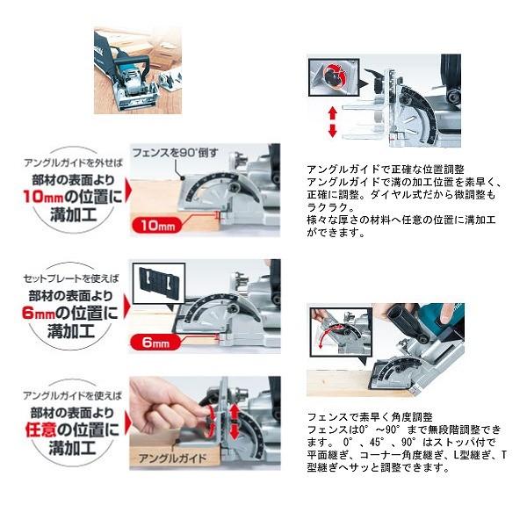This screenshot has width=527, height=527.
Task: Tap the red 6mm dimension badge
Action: pos(155,343)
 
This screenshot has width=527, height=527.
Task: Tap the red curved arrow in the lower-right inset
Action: pos(330,338)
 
